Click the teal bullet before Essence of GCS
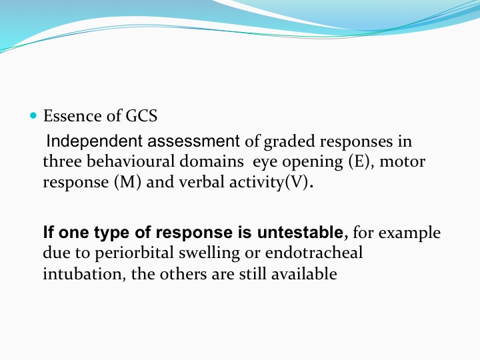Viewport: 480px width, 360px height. [x=33, y=115]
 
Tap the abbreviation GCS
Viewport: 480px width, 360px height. [x=141, y=116]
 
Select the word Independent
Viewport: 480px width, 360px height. [x=94, y=141]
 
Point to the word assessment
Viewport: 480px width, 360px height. [x=193, y=141]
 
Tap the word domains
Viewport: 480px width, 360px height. [x=211, y=161]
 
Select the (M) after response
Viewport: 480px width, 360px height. [x=127, y=182]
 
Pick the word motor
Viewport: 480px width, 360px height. [x=402, y=161]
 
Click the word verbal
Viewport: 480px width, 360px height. [x=201, y=181]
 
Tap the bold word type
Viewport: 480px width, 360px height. [x=113, y=233]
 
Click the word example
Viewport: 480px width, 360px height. [x=409, y=233]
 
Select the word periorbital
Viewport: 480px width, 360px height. [x=135, y=253]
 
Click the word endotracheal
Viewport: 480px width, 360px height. [x=314, y=253]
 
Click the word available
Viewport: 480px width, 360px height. [x=304, y=273]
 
